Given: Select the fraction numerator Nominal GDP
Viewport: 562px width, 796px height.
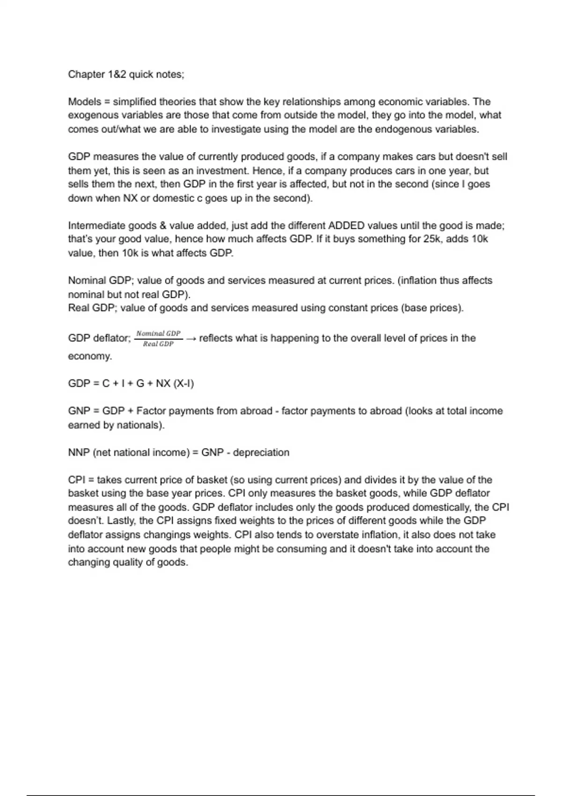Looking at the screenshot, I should (158, 333).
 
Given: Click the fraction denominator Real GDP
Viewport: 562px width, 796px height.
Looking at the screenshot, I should (158, 344).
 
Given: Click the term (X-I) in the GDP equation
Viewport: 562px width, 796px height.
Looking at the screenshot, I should (184, 383).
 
